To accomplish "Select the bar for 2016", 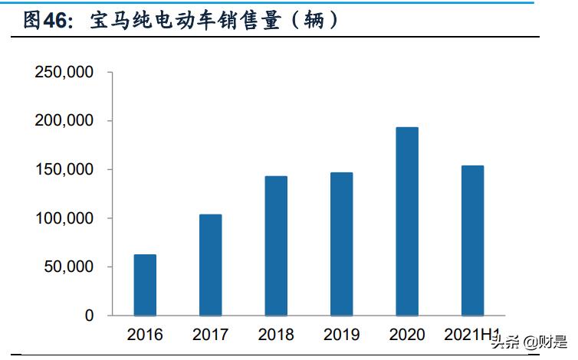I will (x=145, y=285).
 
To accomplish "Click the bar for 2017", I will (x=210, y=265).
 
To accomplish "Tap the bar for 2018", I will (x=276, y=246).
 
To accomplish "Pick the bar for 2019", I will (x=341, y=244).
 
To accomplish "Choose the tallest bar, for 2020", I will (x=407, y=221).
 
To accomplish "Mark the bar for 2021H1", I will (x=472, y=241).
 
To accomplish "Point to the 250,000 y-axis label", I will (x=64, y=73).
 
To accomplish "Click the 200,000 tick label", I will (x=64, y=121).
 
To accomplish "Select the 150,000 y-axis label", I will (x=64, y=169).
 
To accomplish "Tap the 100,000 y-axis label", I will (x=64, y=218).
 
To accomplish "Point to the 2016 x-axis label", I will (x=145, y=335).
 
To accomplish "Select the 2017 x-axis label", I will (x=210, y=335).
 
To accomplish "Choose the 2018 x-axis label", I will (x=276, y=335).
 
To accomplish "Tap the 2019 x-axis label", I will (x=341, y=335).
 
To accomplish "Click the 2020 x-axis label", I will (x=407, y=335).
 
